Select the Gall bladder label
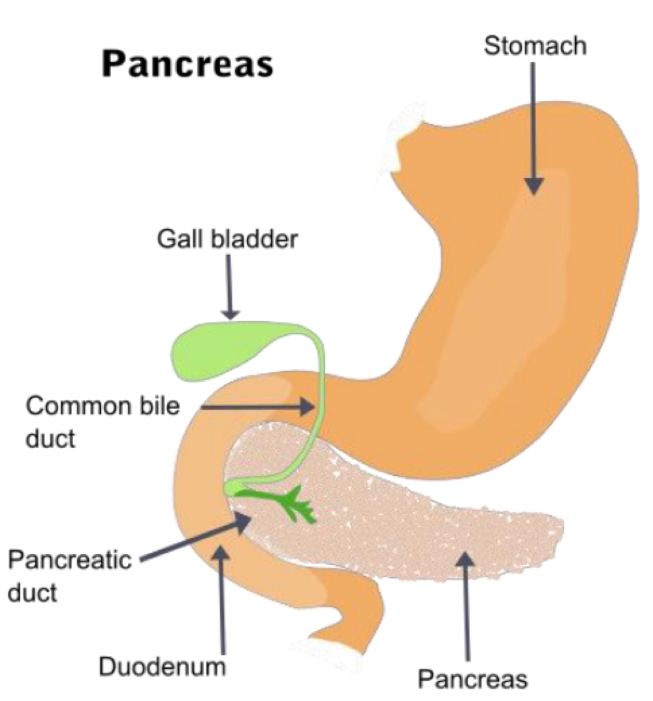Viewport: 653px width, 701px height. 227,240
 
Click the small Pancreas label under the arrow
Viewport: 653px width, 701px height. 472,679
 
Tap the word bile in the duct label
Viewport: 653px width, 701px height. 161,407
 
